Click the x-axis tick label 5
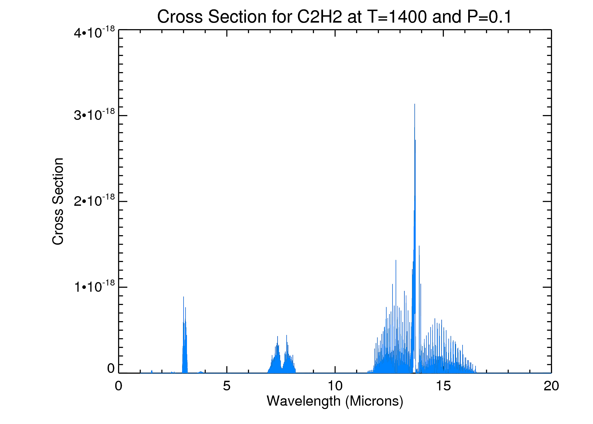point(227,386)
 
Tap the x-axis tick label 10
point(335,386)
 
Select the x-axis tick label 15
point(443,386)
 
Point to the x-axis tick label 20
point(551,386)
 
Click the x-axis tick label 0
point(119,386)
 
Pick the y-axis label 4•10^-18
point(94,33)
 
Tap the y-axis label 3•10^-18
point(94,115)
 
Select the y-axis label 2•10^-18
point(94,201)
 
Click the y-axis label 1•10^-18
point(94,287)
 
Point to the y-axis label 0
point(111,369)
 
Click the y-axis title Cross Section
point(58,201)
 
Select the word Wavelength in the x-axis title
point(304,401)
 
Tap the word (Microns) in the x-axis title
point(374,401)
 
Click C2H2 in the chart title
point(320,17)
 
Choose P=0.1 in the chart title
point(489,17)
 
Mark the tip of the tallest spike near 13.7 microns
point(415,104)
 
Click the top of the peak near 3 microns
point(184,297)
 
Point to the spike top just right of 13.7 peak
point(419,246)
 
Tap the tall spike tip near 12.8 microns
point(396,260)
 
